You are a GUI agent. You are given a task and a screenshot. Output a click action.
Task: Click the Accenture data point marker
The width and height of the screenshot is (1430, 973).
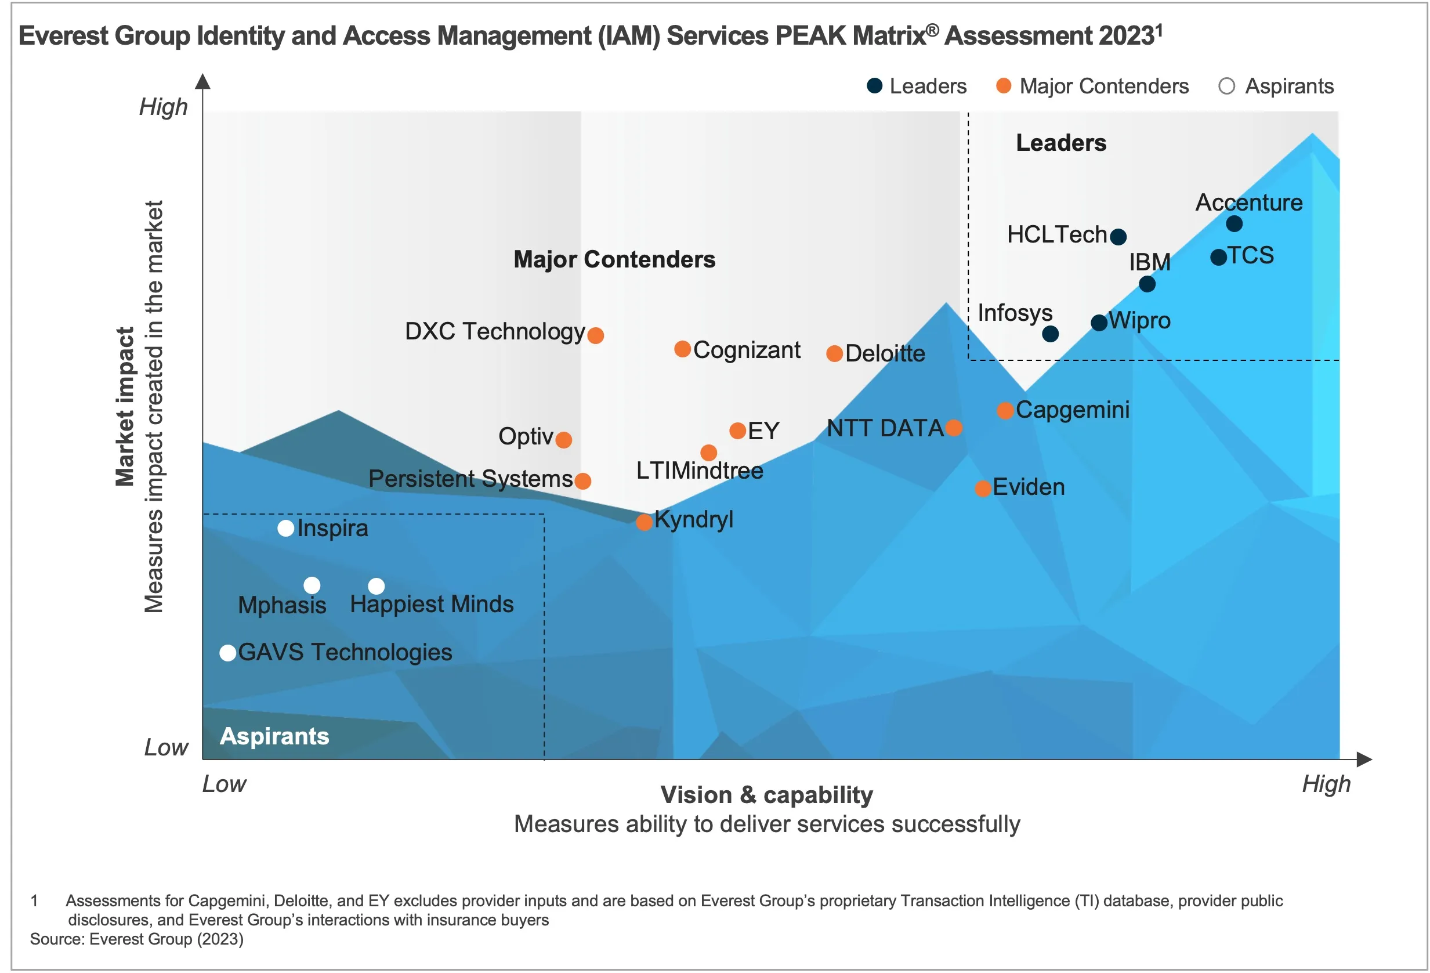1234,223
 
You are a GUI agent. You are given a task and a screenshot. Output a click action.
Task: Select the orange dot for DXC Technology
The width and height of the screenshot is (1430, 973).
595,335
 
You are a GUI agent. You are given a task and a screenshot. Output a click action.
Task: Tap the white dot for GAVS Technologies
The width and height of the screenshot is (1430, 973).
227,653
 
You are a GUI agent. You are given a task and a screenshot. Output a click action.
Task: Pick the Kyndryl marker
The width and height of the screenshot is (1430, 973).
643,522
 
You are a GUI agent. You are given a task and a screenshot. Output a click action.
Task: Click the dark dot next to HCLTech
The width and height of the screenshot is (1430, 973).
1118,236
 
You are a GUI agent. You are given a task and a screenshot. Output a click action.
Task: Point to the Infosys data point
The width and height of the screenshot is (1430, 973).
1050,334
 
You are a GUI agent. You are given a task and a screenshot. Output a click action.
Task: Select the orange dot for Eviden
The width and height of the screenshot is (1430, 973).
983,489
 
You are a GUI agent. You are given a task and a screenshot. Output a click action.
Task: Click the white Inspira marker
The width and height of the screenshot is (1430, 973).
285,528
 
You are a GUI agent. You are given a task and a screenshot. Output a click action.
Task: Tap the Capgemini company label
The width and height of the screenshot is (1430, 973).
1072,410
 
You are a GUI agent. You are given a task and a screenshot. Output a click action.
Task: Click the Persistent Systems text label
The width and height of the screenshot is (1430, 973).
470,479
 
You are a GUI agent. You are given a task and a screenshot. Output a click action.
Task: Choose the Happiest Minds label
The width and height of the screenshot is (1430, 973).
432,605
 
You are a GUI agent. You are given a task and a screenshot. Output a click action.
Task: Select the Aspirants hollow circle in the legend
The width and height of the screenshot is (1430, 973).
1226,86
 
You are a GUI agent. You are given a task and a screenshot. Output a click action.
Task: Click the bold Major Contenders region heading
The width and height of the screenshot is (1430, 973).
614,259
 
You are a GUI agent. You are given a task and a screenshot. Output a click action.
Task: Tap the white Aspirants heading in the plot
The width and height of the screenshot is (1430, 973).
274,736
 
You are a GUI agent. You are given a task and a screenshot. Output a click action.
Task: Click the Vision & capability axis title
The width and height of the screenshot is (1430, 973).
766,794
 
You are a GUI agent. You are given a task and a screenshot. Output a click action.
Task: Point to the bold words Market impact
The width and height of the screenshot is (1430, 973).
125,406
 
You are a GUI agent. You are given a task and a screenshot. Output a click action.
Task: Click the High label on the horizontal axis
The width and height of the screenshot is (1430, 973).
1326,784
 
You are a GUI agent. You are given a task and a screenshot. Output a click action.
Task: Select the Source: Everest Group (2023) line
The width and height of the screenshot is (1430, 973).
136,939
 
